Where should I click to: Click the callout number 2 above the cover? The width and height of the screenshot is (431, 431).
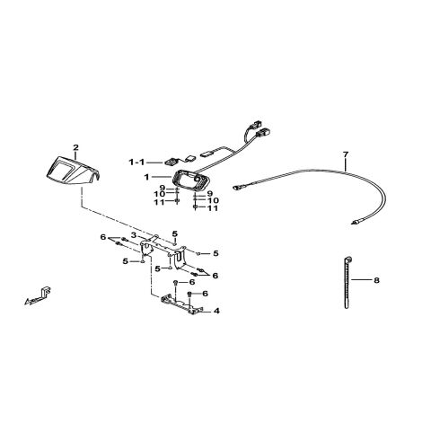coord(75,147)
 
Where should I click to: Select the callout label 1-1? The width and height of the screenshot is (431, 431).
coord(136,163)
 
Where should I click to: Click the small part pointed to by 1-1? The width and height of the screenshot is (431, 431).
coord(170,162)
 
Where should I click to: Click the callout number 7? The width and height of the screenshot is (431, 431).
coord(346,154)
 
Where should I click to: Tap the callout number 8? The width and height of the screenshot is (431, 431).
coord(376,280)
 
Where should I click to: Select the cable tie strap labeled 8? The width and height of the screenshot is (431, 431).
coord(347,282)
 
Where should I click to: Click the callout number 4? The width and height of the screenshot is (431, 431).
coord(216,312)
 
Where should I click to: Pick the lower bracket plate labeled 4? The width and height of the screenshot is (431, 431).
coord(181,304)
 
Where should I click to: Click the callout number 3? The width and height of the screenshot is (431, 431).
coord(134,235)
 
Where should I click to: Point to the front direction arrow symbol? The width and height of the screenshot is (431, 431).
coord(38,296)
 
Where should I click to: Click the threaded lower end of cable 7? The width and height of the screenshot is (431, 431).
coord(354,222)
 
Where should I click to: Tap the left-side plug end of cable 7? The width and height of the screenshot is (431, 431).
coord(236,188)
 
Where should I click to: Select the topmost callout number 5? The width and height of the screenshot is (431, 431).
coord(175,233)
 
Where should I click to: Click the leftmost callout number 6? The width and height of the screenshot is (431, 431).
coord(103,237)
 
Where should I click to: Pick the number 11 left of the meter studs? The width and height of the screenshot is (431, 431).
coord(159,202)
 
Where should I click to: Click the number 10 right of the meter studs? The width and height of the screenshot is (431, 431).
coord(214,200)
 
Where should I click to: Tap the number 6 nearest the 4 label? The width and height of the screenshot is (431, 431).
coord(205,294)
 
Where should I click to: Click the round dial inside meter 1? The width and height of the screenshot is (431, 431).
coord(197,178)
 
